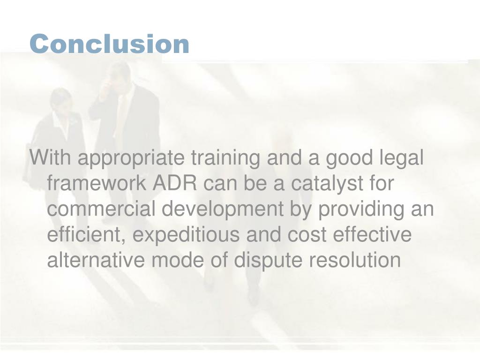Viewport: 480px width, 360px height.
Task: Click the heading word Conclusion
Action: (109, 44)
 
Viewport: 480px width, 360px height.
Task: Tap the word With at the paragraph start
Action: (49, 158)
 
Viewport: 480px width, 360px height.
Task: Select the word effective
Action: (372, 235)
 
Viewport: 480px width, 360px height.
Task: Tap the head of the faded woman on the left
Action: (61, 99)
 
